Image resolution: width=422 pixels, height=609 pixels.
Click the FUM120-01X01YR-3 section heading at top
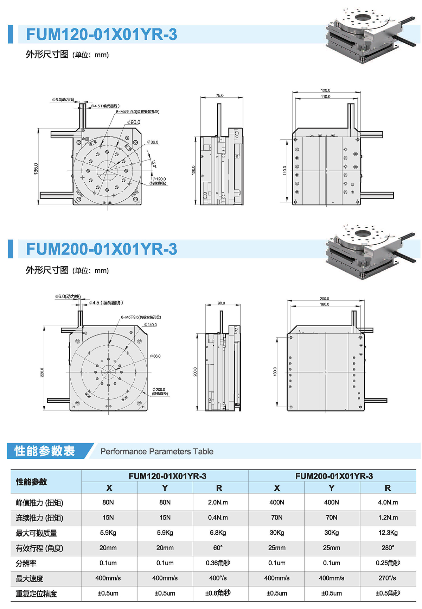pyautogui.click(x=102, y=34)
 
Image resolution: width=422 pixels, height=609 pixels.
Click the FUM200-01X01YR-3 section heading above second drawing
pyautogui.click(x=102, y=249)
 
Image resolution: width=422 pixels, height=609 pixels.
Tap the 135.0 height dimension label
pyautogui.click(x=36, y=169)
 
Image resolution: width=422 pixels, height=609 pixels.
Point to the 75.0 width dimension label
pyautogui.click(x=220, y=95)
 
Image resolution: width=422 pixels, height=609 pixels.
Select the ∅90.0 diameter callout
pyautogui.click(x=134, y=122)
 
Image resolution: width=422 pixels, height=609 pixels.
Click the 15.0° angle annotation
pyautogui.click(x=154, y=164)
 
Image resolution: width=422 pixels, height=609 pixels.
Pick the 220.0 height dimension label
pyautogui.click(x=42, y=372)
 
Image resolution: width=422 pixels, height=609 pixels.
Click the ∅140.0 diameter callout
pyautogui.click(x=151, y=325)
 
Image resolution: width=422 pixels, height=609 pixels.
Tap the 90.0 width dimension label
pyautogui.click(x=221, y=303)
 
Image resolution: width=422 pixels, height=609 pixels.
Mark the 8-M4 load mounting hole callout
pyautogui.click(x=138, y=112)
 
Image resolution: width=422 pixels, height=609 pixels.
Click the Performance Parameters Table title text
pyautogui.click(x=157, y=451)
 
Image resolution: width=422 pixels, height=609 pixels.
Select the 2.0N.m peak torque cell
pyautogui.click(x=218, y=502)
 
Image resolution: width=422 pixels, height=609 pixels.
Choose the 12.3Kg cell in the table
pyautogui.click(x=388, y=533)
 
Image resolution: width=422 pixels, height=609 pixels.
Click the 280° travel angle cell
pyautogui.click(x=388, y=548)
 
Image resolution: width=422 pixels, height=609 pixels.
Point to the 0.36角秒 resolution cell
pyautogui.click(x=218, y=563)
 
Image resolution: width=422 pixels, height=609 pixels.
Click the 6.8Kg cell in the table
pyautogui.click(x=218, y=533)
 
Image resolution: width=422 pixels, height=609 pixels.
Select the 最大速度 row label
pyautogui.click(x=30, y=578)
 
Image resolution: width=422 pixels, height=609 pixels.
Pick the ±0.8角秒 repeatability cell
pyautogui.click(x=218, y=593)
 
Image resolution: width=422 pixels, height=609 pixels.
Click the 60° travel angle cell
pyautogui.click(x=218, y=548)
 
